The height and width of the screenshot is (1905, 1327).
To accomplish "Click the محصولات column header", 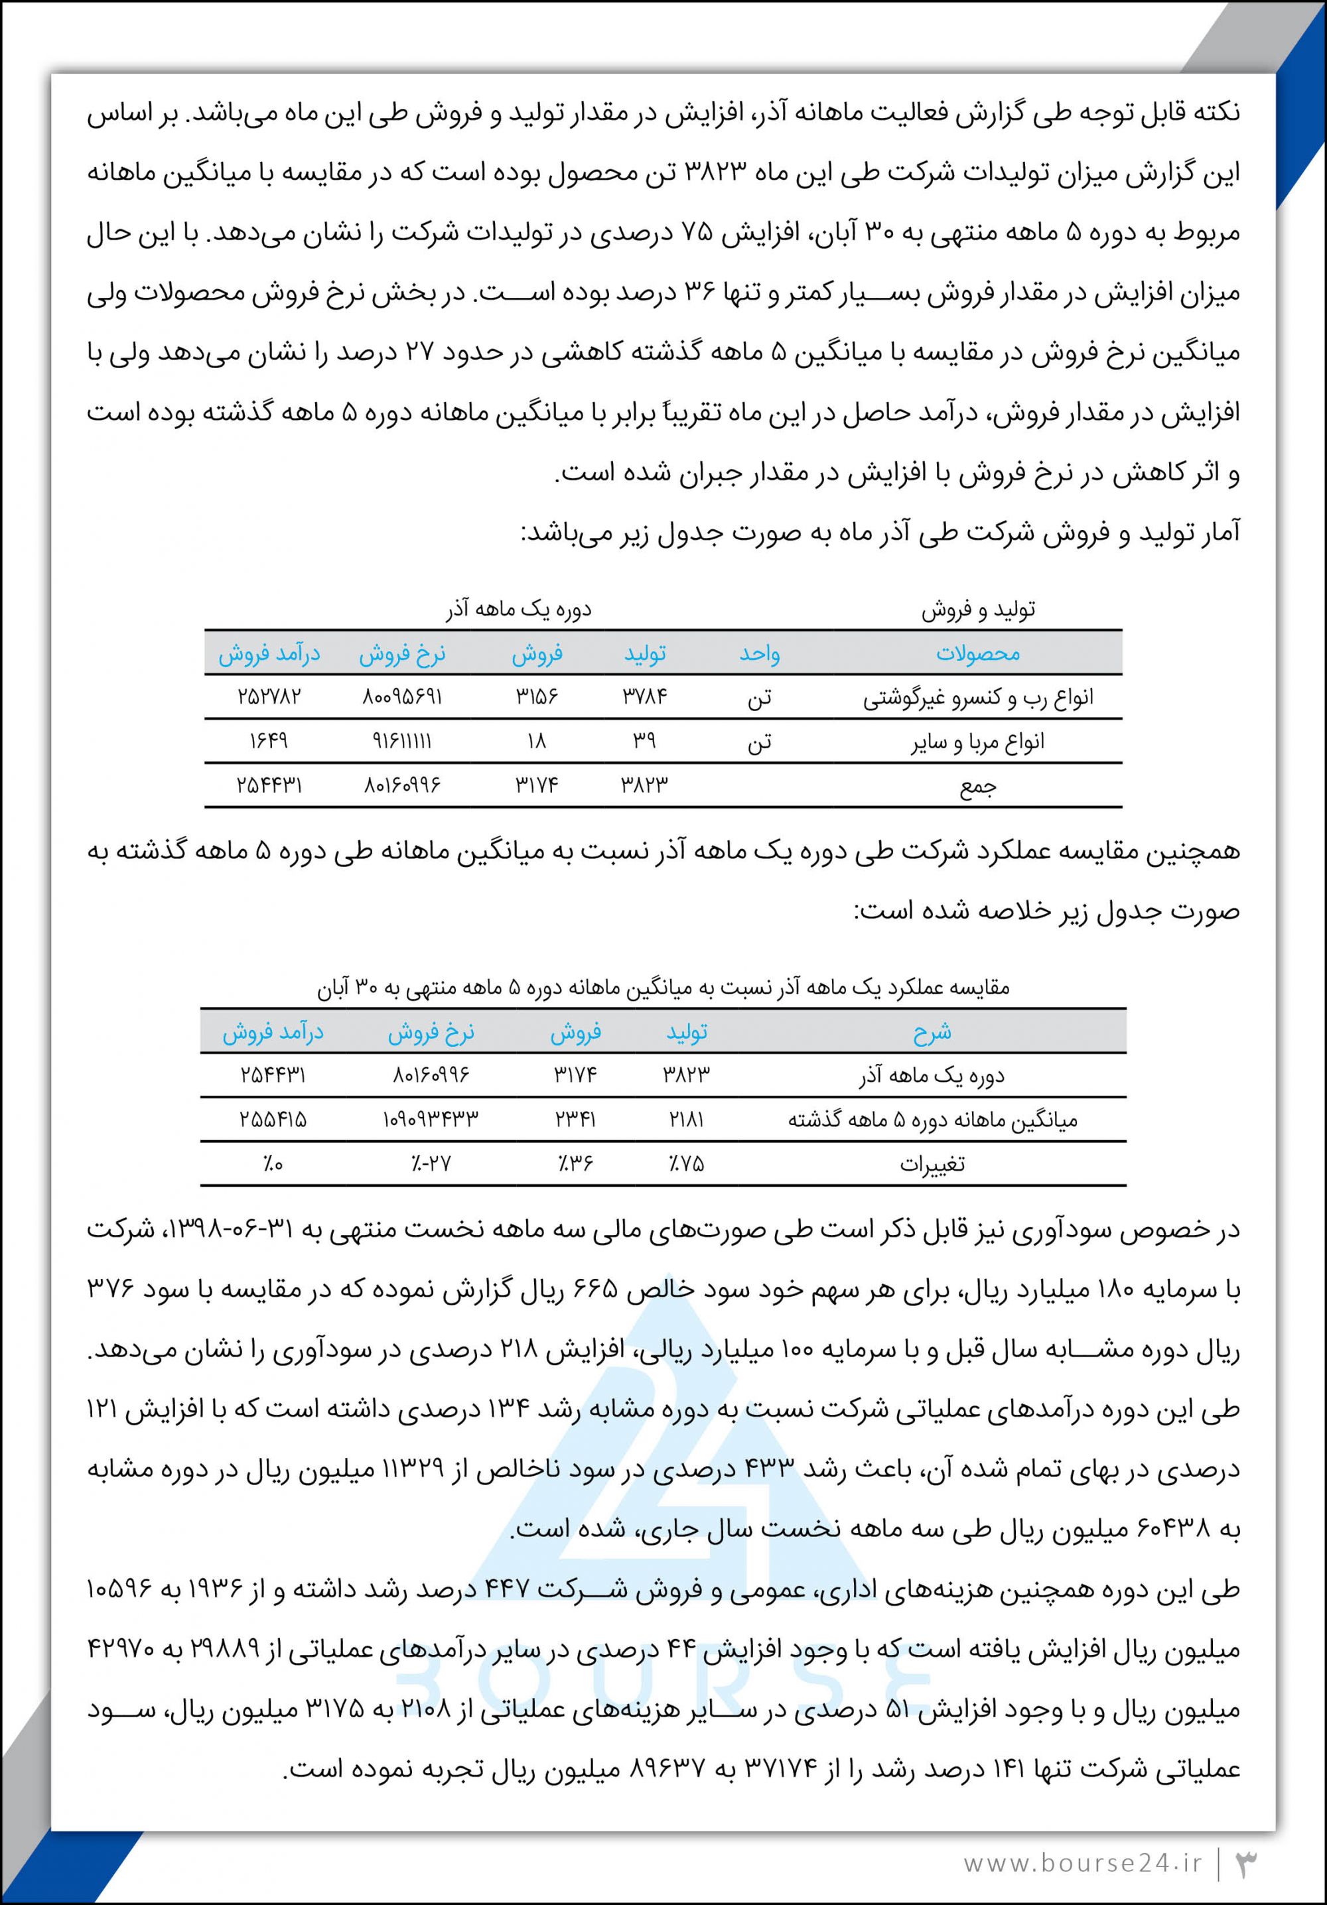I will [977, 654].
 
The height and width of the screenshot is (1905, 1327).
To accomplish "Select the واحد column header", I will [759, 654].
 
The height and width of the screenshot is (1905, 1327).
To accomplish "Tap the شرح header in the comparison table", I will [932, 1033].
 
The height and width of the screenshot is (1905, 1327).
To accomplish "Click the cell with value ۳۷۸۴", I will [645, 697].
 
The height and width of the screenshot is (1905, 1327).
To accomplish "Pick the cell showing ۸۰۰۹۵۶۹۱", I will [401, 697].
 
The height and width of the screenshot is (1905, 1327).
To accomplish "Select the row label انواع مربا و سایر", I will [977, 742].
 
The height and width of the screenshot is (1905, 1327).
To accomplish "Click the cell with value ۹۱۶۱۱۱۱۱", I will [401, 741].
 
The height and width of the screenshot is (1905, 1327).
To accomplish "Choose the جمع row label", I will [977, 786].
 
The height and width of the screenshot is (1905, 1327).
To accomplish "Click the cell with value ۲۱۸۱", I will [686, 1120].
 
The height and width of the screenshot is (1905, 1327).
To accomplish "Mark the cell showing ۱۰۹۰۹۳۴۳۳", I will [431, 1120].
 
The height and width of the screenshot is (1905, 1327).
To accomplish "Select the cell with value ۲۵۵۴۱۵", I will [273, 1120].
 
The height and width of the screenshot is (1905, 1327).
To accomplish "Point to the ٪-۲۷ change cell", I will [431, 1164].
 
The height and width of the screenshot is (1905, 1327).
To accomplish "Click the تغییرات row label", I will [932, 1164].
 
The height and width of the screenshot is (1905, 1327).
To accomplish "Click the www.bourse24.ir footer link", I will [1082, 1863].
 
